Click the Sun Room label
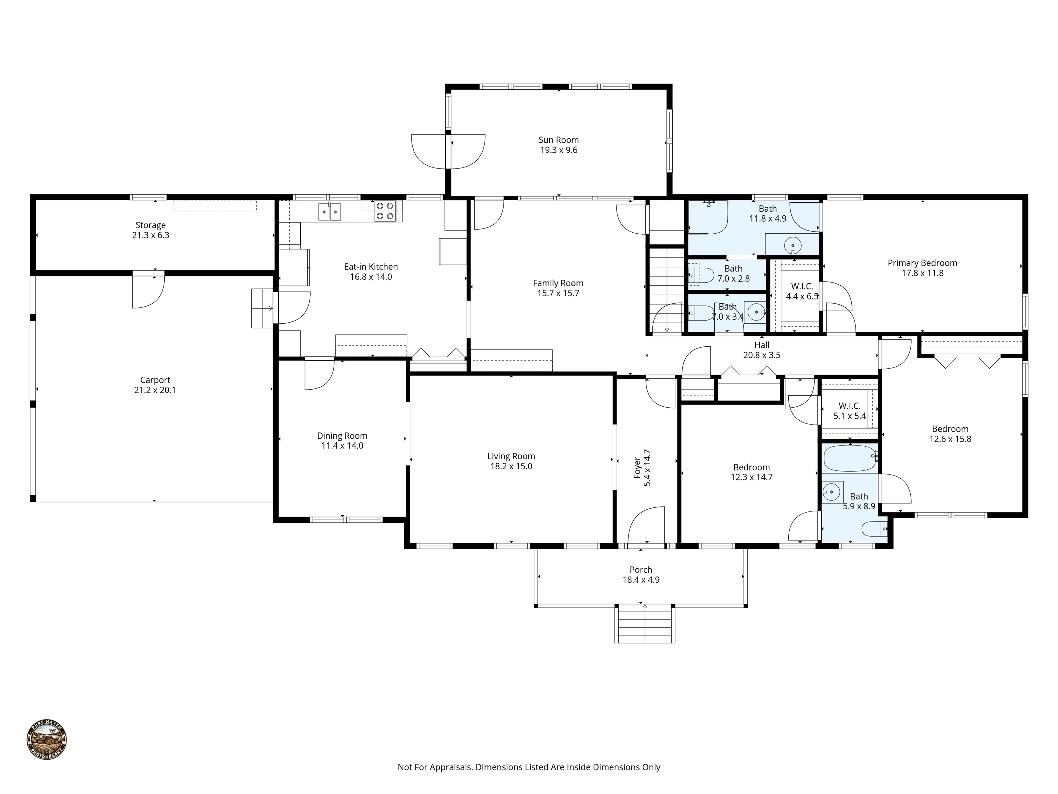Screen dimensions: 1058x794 point(558,140)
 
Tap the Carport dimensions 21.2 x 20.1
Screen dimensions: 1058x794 point(155,390)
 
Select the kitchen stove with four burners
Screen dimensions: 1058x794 point(385,211)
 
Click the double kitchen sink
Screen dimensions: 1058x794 point(330,212)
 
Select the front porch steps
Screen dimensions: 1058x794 point(645,624)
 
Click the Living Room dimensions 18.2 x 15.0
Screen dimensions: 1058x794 point(511,466)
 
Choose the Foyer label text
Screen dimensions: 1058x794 point(637,468)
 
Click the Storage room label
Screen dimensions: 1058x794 point(150,225)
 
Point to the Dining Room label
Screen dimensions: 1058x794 point(342,436)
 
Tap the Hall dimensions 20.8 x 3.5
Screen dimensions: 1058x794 point(761,355)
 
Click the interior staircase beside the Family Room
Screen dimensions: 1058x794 point(666,291)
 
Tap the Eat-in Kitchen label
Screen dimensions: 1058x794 point(371,267)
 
